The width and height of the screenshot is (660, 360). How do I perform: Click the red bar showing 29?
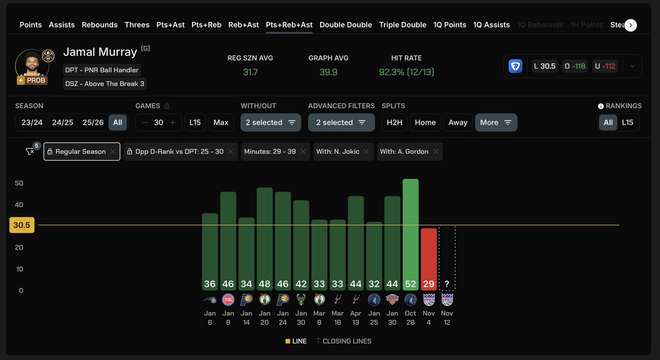[428, 258]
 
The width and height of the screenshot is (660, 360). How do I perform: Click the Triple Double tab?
[403, 25]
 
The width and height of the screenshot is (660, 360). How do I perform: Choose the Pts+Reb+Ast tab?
[289, 25]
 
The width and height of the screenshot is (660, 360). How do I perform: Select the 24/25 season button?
[63, 123]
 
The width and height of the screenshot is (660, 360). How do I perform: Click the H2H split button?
[394, 123]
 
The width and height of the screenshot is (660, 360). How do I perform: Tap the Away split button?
[458, 123]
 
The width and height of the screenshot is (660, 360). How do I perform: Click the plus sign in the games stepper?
[173, 123]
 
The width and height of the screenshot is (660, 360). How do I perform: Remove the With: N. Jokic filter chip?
[366, 152]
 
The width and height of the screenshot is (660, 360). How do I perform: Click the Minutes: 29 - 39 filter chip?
[269, 152]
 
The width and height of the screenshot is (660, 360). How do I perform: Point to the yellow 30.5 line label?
[22, 225]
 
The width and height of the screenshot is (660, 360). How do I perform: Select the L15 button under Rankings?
[628, 123]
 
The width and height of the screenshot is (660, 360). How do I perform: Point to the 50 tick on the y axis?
[19, 183]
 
